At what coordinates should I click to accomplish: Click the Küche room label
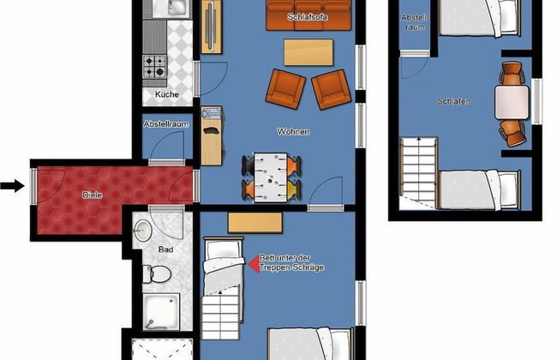pyautogui.click(x=166, y=94)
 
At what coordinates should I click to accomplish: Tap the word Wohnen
pyautogui.click(x=293, y=132)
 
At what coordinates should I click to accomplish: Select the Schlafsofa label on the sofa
pyautogui.click(x=308, y=16)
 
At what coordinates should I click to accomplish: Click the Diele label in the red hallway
pyautogui.click(x=93, y=195)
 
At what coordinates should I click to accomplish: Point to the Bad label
pyautogui.click(x=165, y=249)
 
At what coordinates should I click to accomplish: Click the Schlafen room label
pyautogui.click(x=453, y=101)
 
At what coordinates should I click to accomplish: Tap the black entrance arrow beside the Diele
pyautogui.click(x=12, y=185)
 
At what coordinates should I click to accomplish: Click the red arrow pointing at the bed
pyautogui.click(x=254, y=264)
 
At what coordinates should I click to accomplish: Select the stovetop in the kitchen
pyautogui.click(x=154, y=67)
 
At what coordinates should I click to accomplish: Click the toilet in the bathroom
pyautogui.click(x=157, y=274)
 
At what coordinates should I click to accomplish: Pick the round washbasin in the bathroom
pyautogui.click(x=143, y=231)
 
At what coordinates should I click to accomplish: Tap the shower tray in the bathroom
pyautogui.click(x=161, y=312)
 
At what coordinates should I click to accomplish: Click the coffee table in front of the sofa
pyautogui.click(x=308, y=52)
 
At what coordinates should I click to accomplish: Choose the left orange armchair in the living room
pyautogui.click(x=285, y=89)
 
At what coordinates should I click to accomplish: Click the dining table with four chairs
pyautogui.click(x=271, y=177)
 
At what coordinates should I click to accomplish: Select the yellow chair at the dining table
pyautogui.click(x=295, y=189)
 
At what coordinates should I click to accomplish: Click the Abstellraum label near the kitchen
pyautogui.click(x=166, y=124)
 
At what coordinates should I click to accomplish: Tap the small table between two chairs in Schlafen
pyautogui.click(x=512, y=102)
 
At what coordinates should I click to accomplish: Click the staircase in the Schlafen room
pyautogui.click(x=418, y=173)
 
